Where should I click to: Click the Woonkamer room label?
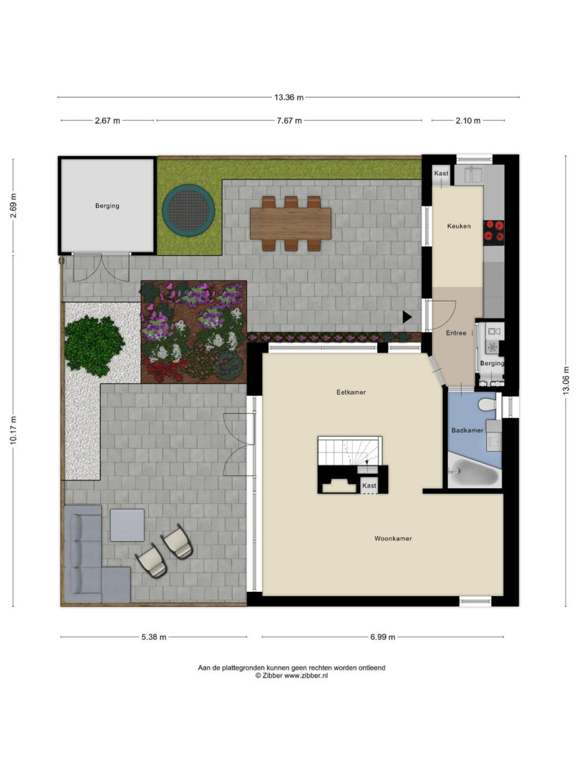pos(393,539)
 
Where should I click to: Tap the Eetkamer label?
pos(351,392)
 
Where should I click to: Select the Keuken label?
pos(459,226)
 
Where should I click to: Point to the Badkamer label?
pos(467,430)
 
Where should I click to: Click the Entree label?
pos(456,333)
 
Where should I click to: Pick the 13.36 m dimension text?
pos(288,97)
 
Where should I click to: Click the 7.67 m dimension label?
pos(289,121)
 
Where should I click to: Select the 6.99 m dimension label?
pos(383,637)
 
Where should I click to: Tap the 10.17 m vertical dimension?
pos(14,430)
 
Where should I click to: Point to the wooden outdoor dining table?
pos(291,224)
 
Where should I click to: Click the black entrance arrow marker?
pos(407,317)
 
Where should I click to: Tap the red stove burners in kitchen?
pos(495,232)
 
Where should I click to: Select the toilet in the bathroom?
pos(487,403)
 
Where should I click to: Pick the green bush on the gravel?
pos(94,343)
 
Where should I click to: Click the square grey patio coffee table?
pos(127,525)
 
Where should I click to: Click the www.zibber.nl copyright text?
pos(291,676)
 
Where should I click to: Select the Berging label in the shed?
pos(107,206)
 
